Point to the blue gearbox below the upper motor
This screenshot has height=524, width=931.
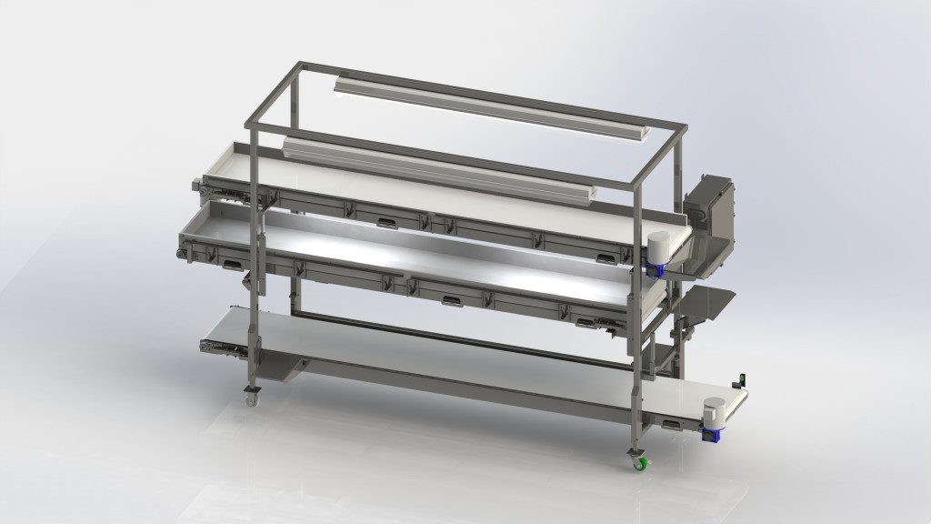click(653, 269)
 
